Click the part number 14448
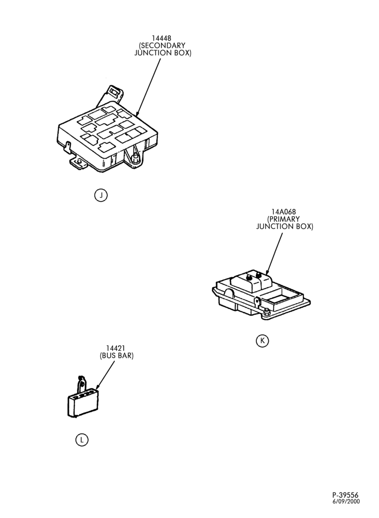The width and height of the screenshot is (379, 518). tap(162, 38)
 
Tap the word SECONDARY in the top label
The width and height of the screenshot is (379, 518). tap(163, 46)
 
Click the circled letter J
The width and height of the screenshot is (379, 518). tap(101, 195)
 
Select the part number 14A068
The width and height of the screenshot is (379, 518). tap(284, 211)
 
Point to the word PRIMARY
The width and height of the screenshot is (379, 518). tap(284, 219)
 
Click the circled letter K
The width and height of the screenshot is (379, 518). tap(263, 341)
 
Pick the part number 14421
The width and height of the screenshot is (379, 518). tap(115, 348)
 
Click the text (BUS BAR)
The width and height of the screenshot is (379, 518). tap(116, 356)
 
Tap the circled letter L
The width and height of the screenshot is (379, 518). tap(82, 440)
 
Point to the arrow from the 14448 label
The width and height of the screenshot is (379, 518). tap(149, 88)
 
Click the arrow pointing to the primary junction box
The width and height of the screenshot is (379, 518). tap(274, 254)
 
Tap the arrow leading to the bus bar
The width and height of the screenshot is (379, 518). tap(105, 375)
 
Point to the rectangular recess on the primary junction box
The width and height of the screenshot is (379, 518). tap(276, 299)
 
